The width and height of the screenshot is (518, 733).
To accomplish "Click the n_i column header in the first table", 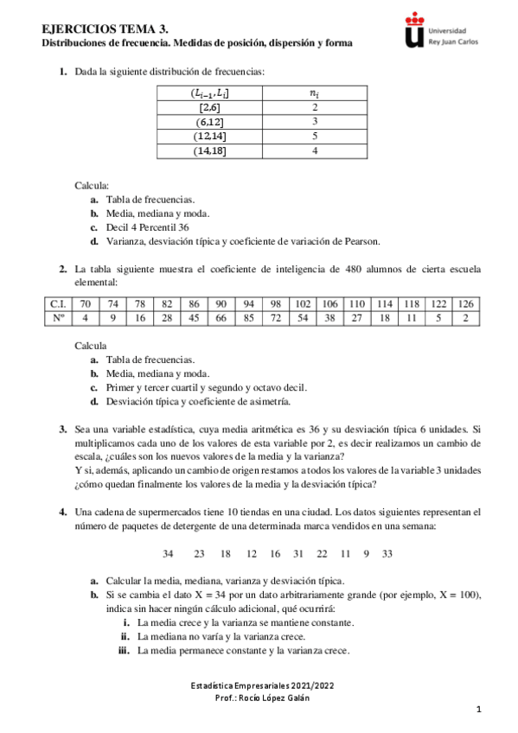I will [x=315, y=92].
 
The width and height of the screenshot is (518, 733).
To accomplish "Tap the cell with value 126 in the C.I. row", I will [x=466, y=305].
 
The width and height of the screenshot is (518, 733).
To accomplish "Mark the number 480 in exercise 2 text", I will [x=352, y=269].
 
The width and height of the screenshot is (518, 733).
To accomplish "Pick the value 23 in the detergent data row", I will [x=199, y=553].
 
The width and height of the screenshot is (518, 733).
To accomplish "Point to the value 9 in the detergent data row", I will [x=365, y=553].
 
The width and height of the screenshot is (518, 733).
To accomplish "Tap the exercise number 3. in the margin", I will [x=63, y=428].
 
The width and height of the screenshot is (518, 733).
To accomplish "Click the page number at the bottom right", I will [x=477, y=710].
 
